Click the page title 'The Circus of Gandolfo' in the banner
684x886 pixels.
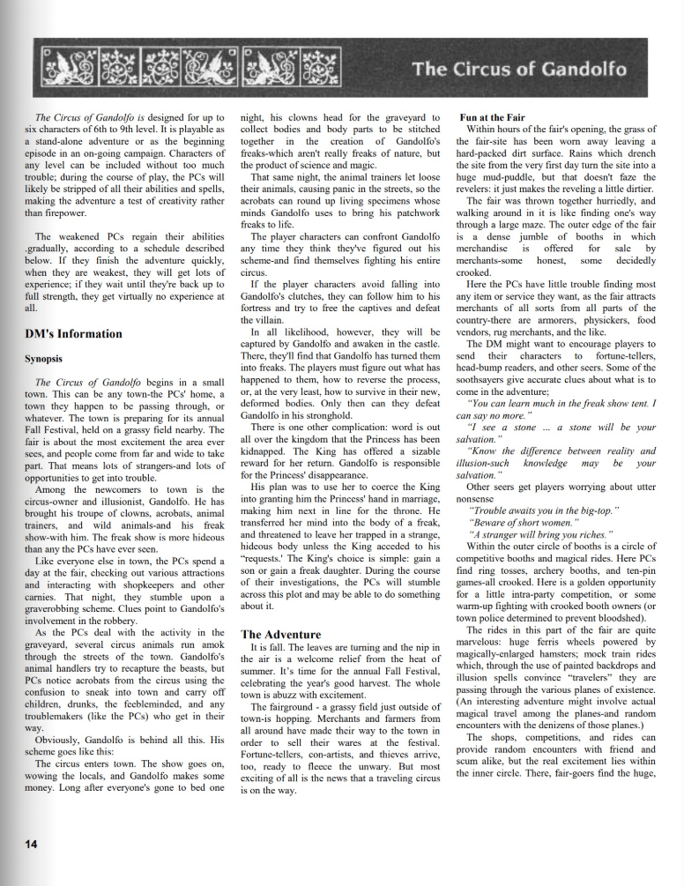[x=519, y=69]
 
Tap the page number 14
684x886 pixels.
[x=31, y=844]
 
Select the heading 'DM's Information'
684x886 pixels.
[x=73, y=333]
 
